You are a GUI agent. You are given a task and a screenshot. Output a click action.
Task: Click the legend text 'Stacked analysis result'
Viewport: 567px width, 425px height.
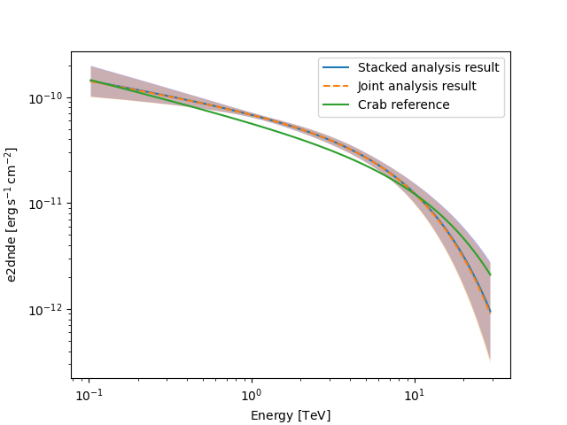click(428, 67)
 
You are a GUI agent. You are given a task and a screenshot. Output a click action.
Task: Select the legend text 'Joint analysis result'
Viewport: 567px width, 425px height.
click(416, 86)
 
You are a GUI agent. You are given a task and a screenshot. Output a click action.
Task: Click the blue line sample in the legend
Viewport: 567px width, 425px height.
click(338, 67)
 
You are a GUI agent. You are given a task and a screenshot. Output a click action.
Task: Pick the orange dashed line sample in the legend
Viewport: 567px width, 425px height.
click(338, 86)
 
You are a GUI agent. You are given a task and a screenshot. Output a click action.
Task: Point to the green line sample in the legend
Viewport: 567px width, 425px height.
click(338, 104)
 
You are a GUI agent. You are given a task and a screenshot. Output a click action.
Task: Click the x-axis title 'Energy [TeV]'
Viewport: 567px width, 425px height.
click(291, 414)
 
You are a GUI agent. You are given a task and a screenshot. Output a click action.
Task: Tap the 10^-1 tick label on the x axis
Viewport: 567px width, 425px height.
click(89, 392)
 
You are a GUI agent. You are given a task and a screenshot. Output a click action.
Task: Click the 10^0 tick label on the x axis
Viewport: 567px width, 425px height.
click(251, 392)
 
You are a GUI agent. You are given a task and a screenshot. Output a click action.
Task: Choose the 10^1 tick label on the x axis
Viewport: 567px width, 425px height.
click(413, 392)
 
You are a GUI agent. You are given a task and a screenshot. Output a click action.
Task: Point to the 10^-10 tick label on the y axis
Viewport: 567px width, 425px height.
click(47, 97)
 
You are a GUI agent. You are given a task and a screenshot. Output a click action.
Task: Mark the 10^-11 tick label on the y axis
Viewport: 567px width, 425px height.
click(47, 204)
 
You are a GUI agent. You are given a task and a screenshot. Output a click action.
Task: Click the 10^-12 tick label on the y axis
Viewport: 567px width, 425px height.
click(47, 310)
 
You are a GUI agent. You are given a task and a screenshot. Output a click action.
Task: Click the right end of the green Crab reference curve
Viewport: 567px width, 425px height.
click(490, 274)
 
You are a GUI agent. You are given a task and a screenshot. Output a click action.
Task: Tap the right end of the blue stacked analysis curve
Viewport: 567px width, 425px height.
click(490, 311)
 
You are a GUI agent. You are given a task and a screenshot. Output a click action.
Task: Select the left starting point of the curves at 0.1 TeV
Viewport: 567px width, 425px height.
click(91, 81)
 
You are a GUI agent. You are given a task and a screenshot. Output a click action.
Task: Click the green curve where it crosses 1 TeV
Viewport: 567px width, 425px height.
click(251, 123)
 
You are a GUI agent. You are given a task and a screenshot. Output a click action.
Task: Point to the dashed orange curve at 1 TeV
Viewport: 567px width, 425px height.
click(251, 115)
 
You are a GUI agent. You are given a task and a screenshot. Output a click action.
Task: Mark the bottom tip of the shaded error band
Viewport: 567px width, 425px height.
click(490, 360)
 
